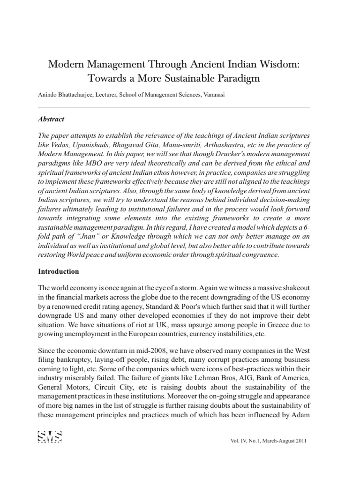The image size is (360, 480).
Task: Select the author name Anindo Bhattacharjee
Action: [61, 95]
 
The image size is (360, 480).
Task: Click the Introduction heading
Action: [59, 271]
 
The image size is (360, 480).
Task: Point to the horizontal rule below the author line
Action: [174, 107]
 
